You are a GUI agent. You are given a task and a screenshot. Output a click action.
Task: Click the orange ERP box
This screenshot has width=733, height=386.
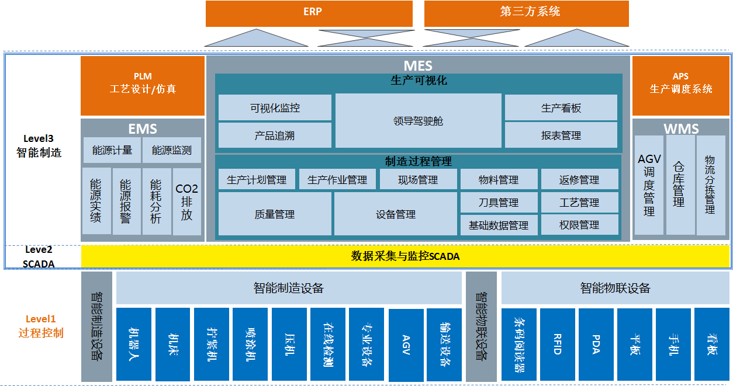309,13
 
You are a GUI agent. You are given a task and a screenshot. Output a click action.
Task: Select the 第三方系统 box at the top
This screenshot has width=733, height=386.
526,13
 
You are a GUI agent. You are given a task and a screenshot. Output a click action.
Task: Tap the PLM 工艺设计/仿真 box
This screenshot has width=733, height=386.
143,85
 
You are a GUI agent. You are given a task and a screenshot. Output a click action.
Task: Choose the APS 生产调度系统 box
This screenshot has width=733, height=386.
681,85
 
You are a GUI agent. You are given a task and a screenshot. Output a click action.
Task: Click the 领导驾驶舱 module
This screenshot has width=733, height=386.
418,121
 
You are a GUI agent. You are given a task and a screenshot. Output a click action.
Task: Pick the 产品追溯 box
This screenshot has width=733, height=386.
275,135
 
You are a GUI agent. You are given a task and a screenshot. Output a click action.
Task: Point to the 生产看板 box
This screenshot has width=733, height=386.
561,108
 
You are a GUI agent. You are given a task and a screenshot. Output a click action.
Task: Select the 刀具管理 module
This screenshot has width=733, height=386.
498,203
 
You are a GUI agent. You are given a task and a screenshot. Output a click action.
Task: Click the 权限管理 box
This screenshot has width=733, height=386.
579,225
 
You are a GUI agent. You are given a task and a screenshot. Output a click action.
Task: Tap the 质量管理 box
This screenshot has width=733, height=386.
275,214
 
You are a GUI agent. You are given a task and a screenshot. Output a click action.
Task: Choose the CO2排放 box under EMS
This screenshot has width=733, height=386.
187,202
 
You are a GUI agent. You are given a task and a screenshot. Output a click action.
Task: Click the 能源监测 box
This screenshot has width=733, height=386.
172,150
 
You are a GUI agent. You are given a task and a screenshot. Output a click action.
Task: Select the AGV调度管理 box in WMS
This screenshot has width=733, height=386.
649,186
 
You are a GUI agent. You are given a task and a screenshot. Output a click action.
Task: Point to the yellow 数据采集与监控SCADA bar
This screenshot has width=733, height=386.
405,256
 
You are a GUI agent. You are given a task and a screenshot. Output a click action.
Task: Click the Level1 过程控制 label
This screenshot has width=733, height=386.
41,326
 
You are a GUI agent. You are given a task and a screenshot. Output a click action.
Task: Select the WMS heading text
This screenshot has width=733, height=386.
681,128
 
